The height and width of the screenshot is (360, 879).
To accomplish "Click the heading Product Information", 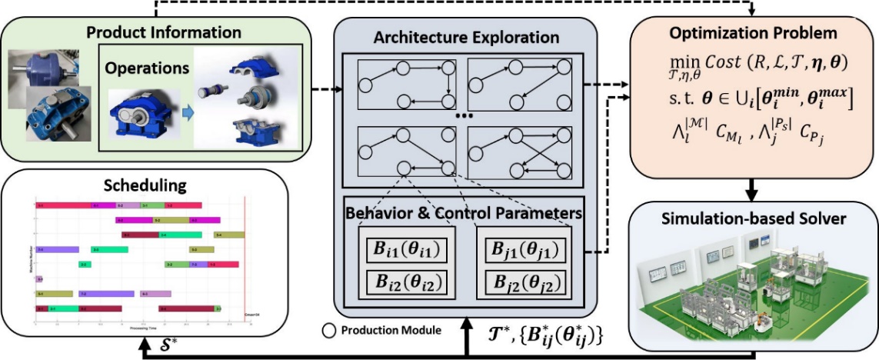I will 164,32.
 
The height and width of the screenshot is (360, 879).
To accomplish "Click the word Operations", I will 148,68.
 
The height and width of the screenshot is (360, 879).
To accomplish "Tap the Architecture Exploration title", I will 466,38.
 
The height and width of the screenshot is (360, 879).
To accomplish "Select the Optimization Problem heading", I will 754,34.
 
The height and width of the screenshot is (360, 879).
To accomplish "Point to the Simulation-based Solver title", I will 754,218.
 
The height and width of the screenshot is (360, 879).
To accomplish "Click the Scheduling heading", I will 145,186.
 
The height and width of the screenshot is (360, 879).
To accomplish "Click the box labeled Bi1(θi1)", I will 406,252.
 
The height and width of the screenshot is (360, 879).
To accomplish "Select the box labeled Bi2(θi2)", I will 406,282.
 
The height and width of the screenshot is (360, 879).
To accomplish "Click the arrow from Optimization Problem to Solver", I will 754,188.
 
